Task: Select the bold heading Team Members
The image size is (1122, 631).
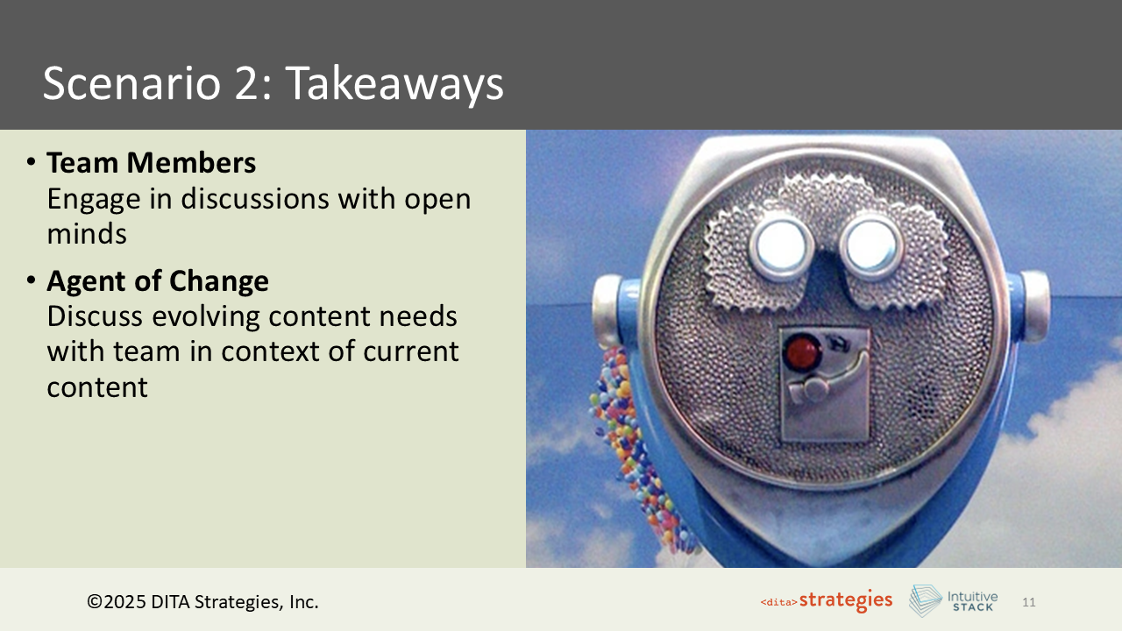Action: click(x=151, y=163)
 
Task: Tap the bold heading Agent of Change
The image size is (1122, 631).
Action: click(x=158, y=281)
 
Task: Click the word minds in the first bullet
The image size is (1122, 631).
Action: click(x=87, y=234)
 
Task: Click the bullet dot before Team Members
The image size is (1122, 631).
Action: click(x=31, y=164)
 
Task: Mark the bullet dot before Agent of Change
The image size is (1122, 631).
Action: click(x=31, y=282)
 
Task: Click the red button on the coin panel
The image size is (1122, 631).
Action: click(x=799, y=353)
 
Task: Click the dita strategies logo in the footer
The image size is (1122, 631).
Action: click(x=826, y=601)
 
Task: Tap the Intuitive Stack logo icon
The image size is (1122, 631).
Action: click(x=925, y=601)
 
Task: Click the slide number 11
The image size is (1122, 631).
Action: click(x=1029, y=602)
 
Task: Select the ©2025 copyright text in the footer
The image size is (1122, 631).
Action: click(x=202, y=602)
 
